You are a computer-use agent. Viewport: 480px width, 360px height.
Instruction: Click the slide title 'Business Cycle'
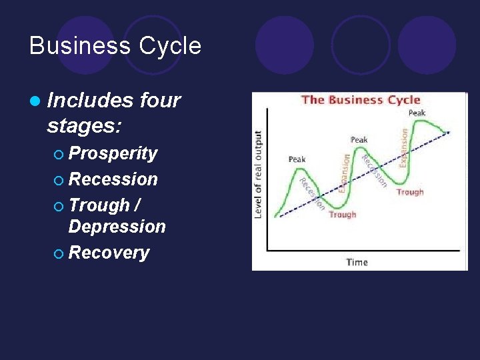115,46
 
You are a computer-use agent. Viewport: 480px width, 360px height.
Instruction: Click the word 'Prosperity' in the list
113,153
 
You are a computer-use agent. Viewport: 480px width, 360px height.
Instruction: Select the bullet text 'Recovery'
109,253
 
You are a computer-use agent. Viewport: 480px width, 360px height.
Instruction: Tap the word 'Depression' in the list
117,227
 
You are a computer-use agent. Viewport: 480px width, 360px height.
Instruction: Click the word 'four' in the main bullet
160,100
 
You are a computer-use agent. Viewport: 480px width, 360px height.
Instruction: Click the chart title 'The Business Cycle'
360,100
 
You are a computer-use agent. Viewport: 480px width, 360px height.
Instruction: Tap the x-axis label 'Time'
357,262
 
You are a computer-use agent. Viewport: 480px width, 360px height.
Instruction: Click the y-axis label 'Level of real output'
258,174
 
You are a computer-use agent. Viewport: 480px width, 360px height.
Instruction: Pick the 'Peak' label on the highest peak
417,113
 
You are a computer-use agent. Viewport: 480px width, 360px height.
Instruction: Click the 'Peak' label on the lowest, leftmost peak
297,159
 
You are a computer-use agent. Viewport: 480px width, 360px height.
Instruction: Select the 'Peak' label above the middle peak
359,139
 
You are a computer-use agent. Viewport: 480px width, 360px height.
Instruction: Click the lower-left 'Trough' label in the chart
342,215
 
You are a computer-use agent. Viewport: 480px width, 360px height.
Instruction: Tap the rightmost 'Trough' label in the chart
409,192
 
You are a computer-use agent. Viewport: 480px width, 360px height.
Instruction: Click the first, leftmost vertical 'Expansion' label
345,173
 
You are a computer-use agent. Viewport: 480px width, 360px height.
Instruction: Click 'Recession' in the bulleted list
113,179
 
